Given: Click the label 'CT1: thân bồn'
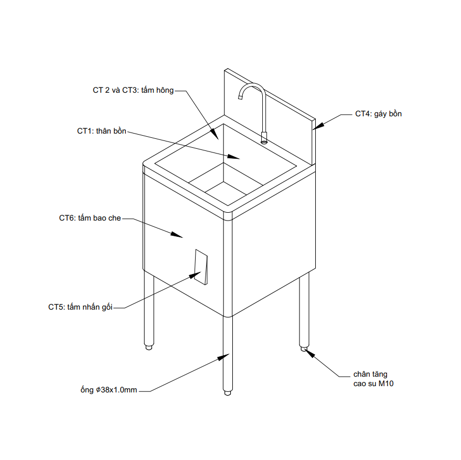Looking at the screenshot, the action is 102,131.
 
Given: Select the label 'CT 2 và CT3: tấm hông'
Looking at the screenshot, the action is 133,90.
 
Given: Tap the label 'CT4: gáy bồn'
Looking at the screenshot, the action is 378,114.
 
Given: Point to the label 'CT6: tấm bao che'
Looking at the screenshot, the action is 90,218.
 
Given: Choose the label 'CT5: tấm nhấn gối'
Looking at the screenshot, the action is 80,307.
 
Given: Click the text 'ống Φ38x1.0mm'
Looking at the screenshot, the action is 109,390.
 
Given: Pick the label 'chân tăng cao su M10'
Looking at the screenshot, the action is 373,379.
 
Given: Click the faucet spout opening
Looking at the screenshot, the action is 240,97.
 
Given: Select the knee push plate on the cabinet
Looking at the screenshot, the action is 201,267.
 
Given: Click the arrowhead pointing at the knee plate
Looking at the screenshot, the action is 195,275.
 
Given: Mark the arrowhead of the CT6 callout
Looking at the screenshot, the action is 177,234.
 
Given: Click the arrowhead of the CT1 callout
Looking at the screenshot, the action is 234,157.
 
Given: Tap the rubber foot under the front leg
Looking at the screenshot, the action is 227,393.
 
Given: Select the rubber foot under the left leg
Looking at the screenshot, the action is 149,347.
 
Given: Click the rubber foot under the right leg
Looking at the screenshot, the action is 304,349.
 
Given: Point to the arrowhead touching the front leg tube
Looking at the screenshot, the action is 223,357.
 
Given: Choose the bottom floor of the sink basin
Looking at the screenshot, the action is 226,189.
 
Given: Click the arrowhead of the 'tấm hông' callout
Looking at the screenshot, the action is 215,135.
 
